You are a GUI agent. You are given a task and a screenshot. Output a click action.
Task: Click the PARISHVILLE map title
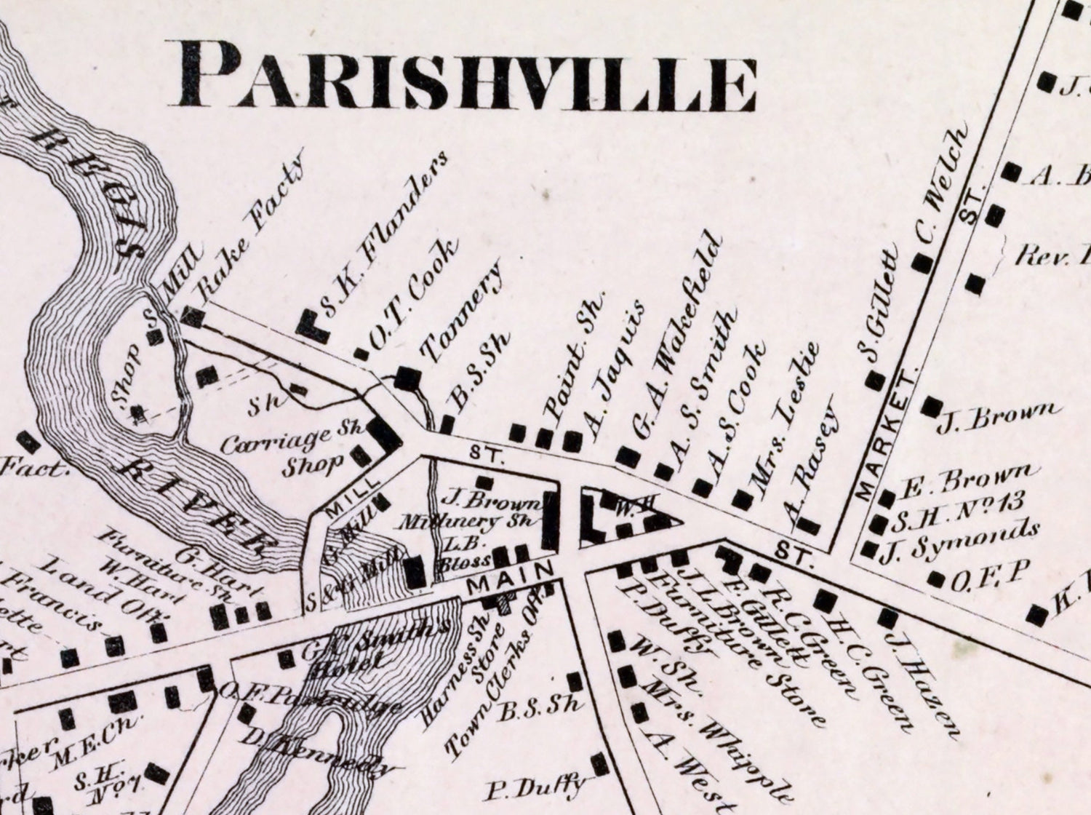466,81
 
